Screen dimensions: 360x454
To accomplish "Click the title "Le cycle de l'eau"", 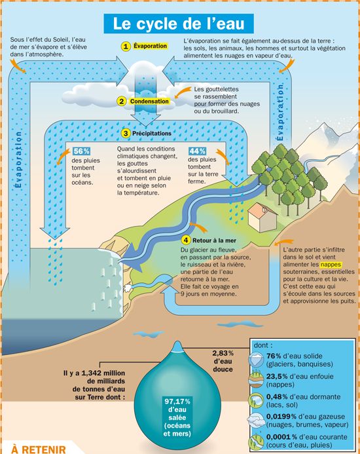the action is pos(179,24).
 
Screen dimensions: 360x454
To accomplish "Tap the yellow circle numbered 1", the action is pos(125,47).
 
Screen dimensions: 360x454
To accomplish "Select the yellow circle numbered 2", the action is pos(122,102).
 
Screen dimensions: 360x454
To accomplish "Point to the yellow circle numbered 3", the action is pos(126,134).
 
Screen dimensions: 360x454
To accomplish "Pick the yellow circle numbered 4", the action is pos(185,240).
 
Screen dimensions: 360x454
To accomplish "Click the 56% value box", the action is pos(81,151).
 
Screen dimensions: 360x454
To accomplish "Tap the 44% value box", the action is pos(198,151).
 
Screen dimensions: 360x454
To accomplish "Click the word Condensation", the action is pos(149,102).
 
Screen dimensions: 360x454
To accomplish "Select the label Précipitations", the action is pos(152,134).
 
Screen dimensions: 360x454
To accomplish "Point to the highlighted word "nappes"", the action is pos(331,265).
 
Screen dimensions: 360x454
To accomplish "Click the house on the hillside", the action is pos(262,217).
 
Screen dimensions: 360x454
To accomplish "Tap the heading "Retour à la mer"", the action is pos(214,240).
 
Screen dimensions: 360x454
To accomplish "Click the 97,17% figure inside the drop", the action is pos(177,402).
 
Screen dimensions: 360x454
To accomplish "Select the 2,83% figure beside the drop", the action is pos(223,353).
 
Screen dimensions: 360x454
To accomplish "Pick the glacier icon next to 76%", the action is pos(256,360).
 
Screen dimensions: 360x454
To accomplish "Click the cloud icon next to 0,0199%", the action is pos(256,421).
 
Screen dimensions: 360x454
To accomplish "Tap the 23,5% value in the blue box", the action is pos(277,377).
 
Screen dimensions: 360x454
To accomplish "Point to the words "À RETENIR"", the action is pos(39,449).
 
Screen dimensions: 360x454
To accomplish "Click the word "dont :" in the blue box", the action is pos(262,345).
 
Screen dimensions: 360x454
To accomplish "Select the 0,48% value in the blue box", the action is pos(277,396).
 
